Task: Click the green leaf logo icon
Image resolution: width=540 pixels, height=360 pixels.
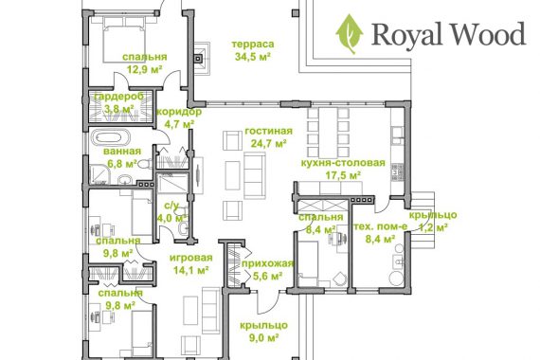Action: tap(350, 34)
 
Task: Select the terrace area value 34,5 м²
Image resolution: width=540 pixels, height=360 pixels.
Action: tap(252, 57)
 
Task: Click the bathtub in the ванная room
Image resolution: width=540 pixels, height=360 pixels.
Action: tap(111, 137)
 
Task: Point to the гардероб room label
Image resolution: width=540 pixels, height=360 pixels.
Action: tap(118, 97)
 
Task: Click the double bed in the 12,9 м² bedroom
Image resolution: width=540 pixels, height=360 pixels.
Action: tap(124, 39)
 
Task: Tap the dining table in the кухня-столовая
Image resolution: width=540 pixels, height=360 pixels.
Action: tap(329, 133)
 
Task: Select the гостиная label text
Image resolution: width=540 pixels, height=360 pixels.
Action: tap(269, 131)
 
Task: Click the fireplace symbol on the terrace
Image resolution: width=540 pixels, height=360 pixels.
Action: tap(201, 58)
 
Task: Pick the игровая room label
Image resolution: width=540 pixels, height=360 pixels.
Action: tap(191, 258)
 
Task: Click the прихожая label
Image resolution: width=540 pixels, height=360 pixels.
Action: tap(267, 263)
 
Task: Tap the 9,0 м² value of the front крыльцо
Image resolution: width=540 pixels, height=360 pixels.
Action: tap(263, 338)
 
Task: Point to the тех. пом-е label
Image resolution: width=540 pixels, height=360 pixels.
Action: tap(381, 226)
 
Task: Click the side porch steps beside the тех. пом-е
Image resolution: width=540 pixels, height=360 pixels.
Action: tap(423, 221)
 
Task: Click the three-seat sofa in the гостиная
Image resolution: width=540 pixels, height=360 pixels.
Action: tap(255, 175)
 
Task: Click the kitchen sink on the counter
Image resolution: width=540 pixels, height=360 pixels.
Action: tap(398, 135)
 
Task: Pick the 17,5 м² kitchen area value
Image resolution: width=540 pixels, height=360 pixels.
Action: tap(343, 175)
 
